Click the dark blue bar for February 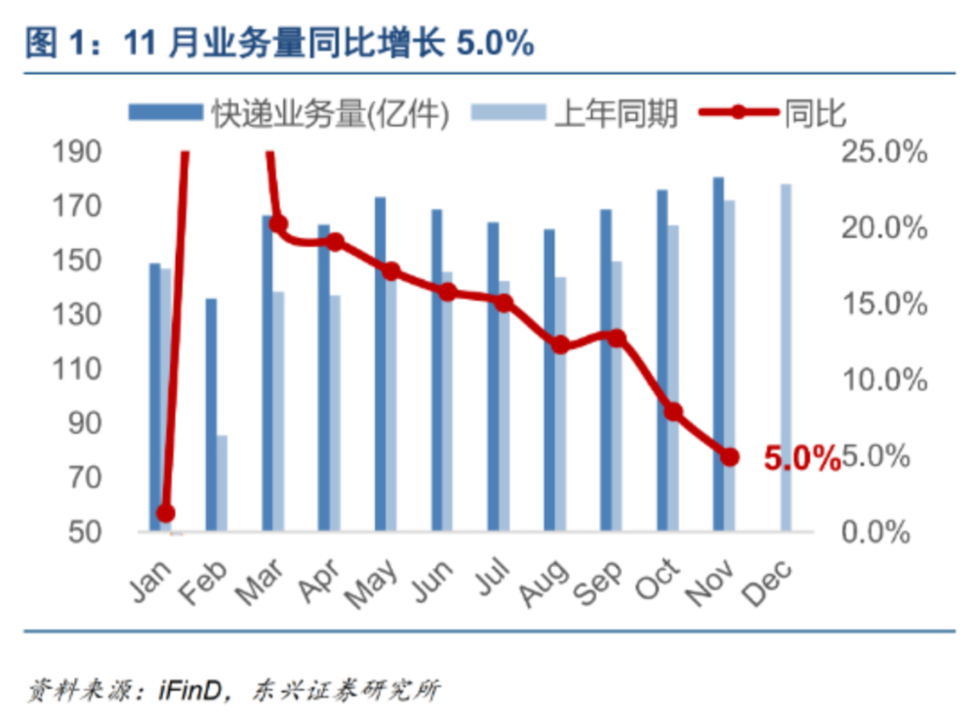pyautogui.click(x=211, y=415)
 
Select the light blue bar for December pyautogui.click(x=786, y=357)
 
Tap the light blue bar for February pyautogui.click(x=222, y=483)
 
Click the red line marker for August pyautogui.click(x=560, y=344)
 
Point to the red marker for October pyautogui.click(x=673, y=412)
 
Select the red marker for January pyautogui.click(x=166, y=513)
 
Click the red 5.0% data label pyautogui.click(x=801, y=459)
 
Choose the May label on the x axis pyautogui.click(x=372, y=582)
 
